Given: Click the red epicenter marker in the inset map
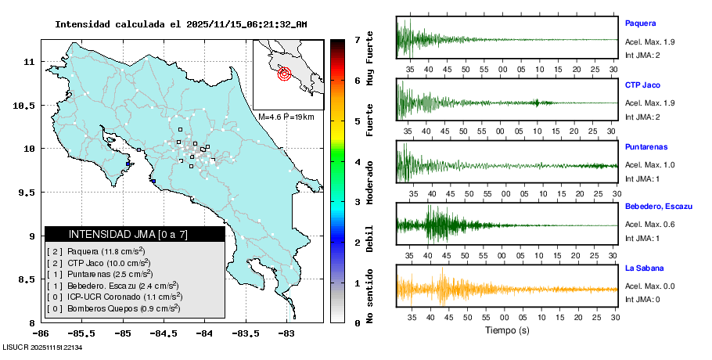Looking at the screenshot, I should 284,74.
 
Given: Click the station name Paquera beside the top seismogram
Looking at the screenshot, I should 640,23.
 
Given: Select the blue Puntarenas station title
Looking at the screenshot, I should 646,146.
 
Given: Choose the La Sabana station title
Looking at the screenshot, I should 644,268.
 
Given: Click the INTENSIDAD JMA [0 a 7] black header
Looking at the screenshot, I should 135,234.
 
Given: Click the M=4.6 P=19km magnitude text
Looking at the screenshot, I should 286,117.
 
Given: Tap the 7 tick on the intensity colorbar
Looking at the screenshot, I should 357,39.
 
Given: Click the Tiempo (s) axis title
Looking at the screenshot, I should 508,330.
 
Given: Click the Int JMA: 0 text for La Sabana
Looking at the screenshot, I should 642,300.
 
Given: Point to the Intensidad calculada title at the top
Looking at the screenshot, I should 181,24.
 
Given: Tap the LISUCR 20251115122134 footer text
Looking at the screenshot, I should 43,346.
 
